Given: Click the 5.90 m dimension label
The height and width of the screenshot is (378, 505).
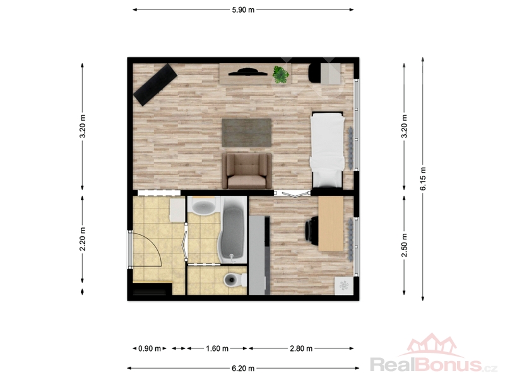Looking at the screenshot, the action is click(x=243, y=10).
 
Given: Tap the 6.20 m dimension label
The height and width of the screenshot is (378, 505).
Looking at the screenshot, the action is click(x=243, y=369).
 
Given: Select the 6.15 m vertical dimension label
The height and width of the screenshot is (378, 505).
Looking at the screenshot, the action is click(x=423, y=179).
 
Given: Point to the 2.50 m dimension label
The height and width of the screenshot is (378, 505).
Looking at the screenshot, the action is click(x=404, y=245).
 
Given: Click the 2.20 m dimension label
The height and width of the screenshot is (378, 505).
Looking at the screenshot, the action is click(x=83, y=239).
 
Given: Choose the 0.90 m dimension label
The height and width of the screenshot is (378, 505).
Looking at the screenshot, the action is click(x=150, y=348).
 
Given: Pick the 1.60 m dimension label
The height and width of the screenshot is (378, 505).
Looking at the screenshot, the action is click(x=217, y=348).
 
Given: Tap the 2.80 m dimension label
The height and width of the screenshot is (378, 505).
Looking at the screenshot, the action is click(x=301, y=348).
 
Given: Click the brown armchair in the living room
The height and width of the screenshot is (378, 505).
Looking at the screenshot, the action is click(x=247, y=171).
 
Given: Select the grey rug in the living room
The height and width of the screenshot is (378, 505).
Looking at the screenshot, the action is click(x=247, y=132).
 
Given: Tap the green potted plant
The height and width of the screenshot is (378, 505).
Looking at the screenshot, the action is click(x=281, y=75).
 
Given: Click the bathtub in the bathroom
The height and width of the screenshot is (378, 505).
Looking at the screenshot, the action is click(x=232, y=231).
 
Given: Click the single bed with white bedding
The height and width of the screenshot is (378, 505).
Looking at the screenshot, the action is click(x=326, y=149).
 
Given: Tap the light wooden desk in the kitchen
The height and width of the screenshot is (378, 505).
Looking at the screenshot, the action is click(x=331, y=224).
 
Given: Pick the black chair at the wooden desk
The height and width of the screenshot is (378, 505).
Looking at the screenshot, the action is click(x=311, y=228).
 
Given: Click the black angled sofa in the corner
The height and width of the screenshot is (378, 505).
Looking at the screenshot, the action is click(x=155, y=84).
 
